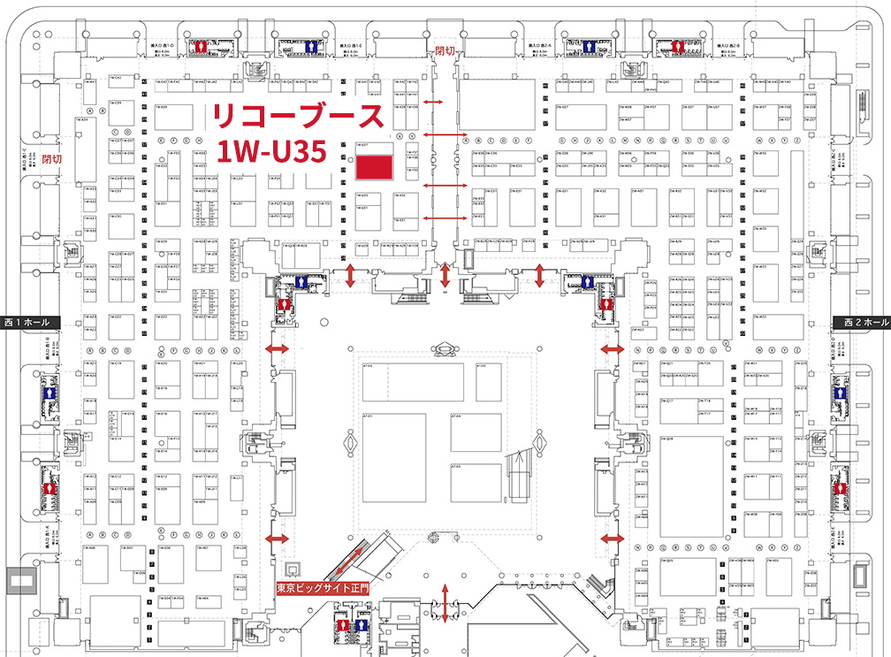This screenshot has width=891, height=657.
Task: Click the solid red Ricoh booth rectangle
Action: (x=372, y=167)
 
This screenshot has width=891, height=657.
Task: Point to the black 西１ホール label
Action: (x=29, y=323)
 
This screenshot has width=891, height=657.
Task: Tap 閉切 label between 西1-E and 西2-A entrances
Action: (x=445, y=52)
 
